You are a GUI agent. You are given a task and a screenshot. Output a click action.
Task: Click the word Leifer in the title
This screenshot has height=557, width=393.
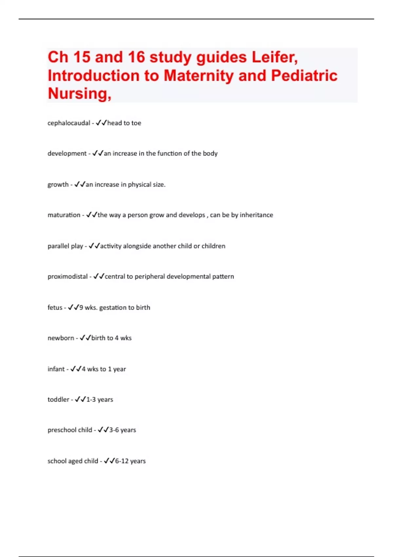[x=274, y=57]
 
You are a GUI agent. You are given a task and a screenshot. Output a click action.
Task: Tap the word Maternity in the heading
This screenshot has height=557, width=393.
[x=198, y=76]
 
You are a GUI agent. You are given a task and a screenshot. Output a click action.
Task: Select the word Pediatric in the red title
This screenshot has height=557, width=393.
[x=304, y=76]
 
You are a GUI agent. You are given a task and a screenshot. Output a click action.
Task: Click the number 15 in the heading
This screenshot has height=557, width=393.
[x=82, y=57]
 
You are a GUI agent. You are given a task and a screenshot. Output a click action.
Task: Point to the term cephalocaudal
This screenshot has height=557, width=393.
[x=69, y=123]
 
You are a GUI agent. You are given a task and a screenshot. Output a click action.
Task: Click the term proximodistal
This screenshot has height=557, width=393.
[x=67, y=277]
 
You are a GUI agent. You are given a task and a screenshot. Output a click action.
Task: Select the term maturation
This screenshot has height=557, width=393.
[x=64, y=215]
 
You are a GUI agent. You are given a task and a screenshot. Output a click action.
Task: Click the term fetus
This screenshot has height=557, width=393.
[x=55, y=308]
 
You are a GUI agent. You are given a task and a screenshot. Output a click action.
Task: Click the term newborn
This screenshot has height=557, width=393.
[x=61, y=338]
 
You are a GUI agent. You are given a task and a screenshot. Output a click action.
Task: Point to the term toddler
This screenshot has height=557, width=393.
[x=58, y=400]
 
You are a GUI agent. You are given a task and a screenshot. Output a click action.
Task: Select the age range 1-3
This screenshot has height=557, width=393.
[x=91, y=400]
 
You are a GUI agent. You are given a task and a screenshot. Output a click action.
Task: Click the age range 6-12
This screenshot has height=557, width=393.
[x=122, y=461]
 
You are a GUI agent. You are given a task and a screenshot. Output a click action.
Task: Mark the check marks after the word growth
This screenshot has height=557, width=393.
[x=80, y=184]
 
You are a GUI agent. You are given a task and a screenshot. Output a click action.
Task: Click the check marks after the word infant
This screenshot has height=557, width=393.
[x=76, y=369]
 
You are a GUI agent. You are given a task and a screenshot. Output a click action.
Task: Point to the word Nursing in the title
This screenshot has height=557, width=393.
[x=79, y=94]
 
